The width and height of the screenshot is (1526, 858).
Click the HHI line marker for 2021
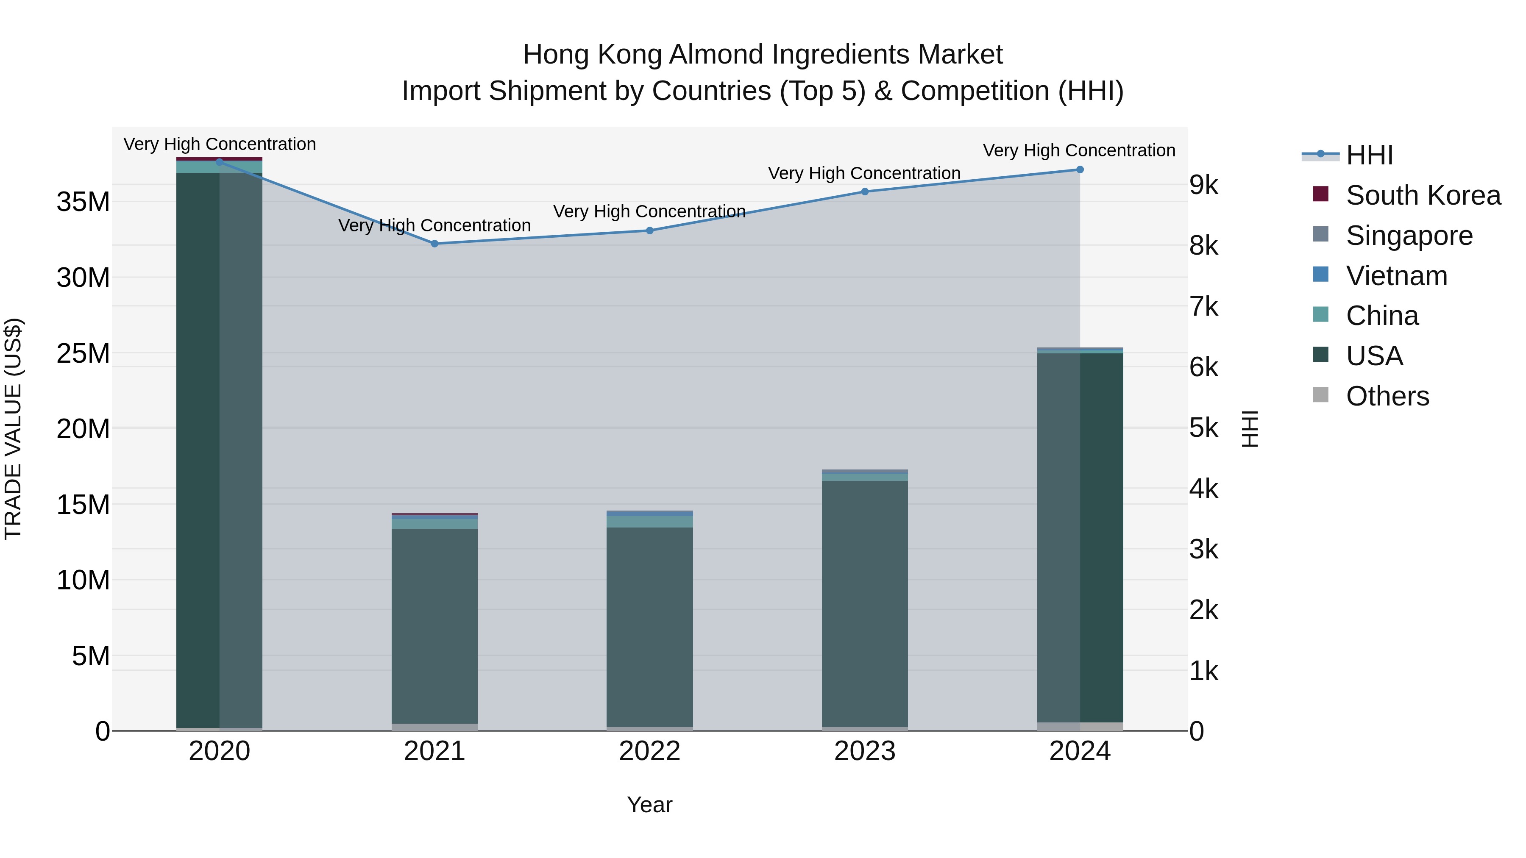click(434, 243)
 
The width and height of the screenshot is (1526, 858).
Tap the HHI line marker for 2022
click(649, 230)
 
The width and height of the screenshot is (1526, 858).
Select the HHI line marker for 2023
click(864, 191)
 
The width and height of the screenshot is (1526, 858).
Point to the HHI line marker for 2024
click(1079, 169)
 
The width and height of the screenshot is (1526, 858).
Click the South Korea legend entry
click(1422, 195)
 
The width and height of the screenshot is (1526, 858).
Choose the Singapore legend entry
click(1409, 236)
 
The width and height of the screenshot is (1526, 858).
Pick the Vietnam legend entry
click(1396, 276)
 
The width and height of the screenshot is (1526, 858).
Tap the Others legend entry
click(1387, 396)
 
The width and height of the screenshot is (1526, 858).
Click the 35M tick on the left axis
click(83, 202)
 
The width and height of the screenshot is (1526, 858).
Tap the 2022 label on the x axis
click(649, 751)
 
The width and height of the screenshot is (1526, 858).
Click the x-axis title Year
click(649, 805)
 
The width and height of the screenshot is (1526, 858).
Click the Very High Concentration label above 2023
click(864, 173)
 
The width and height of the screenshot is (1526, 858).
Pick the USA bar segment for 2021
click(434, 625)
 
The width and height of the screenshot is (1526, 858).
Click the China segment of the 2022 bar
click(649, 522)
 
